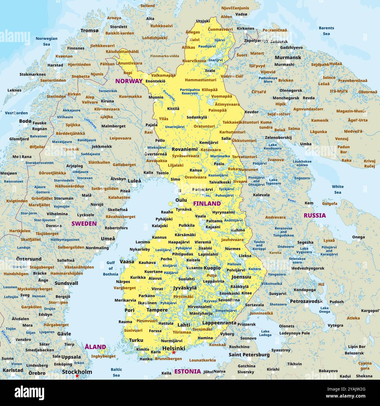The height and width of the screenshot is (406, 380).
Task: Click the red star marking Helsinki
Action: click(x=174, y=353)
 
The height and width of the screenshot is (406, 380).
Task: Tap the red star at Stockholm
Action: click(x=77, y=376)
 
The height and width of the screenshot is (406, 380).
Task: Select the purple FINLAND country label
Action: click(x=207, y=203)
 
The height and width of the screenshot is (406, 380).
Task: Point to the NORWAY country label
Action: click(x=129, y=81)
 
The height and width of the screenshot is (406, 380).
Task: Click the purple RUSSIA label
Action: click(x=315, y=216)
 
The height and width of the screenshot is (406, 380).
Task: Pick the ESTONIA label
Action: click(x=188, y=372)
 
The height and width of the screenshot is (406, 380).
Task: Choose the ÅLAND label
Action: click(x=95, y=347)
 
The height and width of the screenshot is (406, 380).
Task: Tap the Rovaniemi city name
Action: click(x=184, y=149)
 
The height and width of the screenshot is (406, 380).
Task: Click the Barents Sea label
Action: click(x=326, y=31)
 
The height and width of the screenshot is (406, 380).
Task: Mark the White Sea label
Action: click(x=338, y=189)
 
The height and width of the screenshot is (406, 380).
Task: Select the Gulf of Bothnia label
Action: click(x=110, y=268)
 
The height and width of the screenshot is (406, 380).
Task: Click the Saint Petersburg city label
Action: click(x=249, y=355)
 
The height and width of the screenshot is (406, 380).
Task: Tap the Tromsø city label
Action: click(x=89, y=31)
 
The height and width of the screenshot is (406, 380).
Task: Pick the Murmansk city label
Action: click(x=288, y=58)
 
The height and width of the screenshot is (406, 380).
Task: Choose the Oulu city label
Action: click(x=181, y=200)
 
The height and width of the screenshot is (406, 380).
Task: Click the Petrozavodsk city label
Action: click(x=306, y=301)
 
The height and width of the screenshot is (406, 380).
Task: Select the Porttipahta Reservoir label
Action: click(x=190, y=91)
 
